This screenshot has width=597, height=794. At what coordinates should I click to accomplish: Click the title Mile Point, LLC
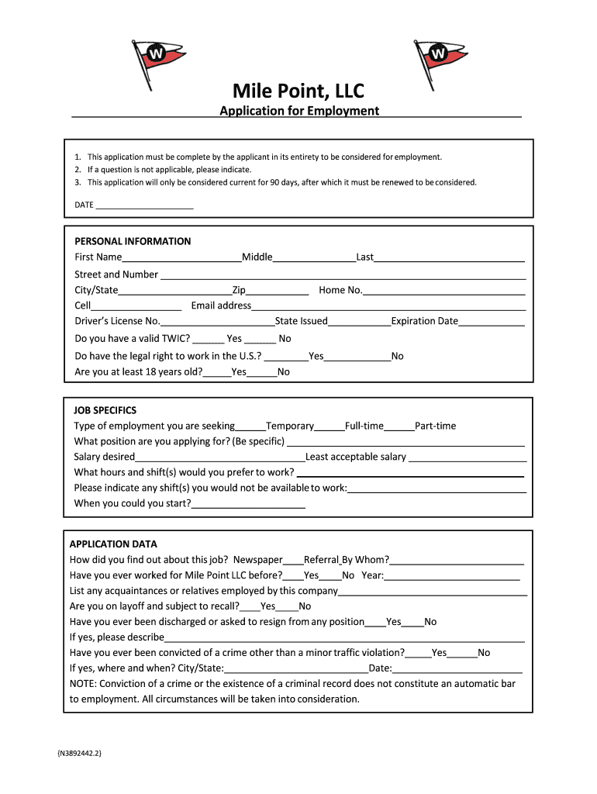pyautogui.click(x=298, y=91)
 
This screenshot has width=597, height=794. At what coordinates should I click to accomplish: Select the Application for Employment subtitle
pyautogui.click(x=299, y=111)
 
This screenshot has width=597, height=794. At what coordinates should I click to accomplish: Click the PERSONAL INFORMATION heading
pyautogui.click(x=133, y=241)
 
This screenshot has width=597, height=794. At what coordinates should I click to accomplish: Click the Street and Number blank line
pyautogui.click(x=342, y=275)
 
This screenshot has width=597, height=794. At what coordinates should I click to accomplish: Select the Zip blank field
pyautogui.click(x=277, y=292)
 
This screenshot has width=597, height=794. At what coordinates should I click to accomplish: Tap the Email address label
pyautogui.click(x=221, y=306)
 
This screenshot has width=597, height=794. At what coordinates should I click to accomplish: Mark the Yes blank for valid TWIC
pyautogui.click(x=209, y=340)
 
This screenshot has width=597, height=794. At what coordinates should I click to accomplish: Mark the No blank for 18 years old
pyautogui.click(x=264, y=373)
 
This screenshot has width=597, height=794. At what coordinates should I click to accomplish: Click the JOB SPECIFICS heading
pyautogui.click(x=105, y=410)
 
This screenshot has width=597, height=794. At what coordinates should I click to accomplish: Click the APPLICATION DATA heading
pyautogui.click(x=113, y=544)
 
